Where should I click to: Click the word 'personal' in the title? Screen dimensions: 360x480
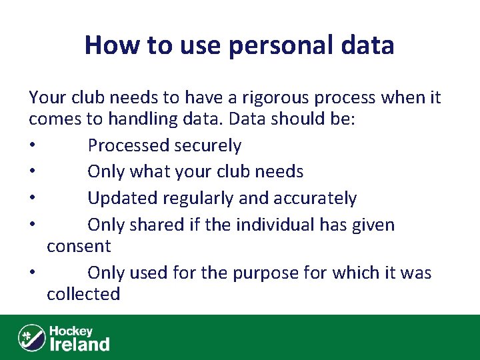[269, 45]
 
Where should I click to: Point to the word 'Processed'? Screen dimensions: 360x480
[129, 145]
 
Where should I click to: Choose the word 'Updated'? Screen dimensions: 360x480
[121, 199]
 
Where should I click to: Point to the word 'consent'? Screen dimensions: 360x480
[79, 247]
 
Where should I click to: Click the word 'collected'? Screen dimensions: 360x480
[83, 295]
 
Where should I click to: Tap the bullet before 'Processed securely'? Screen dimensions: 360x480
[32, 146]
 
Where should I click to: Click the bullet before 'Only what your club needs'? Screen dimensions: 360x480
[32, 173]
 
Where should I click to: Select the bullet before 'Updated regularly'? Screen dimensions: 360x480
[32, 199]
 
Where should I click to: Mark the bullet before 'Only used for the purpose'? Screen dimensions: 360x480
[32, 274]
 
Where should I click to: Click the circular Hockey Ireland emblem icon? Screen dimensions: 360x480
[31, 337]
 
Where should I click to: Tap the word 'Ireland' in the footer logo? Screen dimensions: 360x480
[80, 344]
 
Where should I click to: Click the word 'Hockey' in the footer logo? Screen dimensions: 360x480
[71, 331]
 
